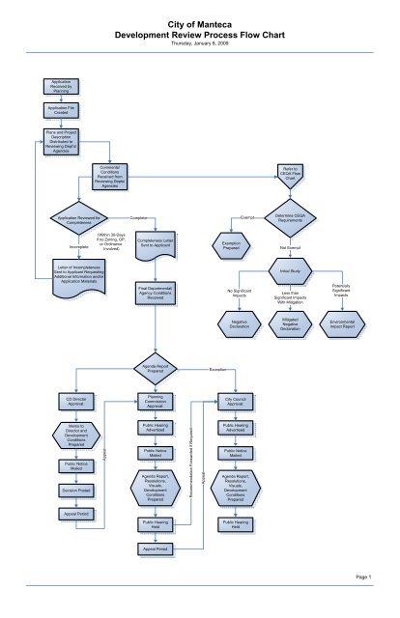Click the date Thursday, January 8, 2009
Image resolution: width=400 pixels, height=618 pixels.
point(199,44)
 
